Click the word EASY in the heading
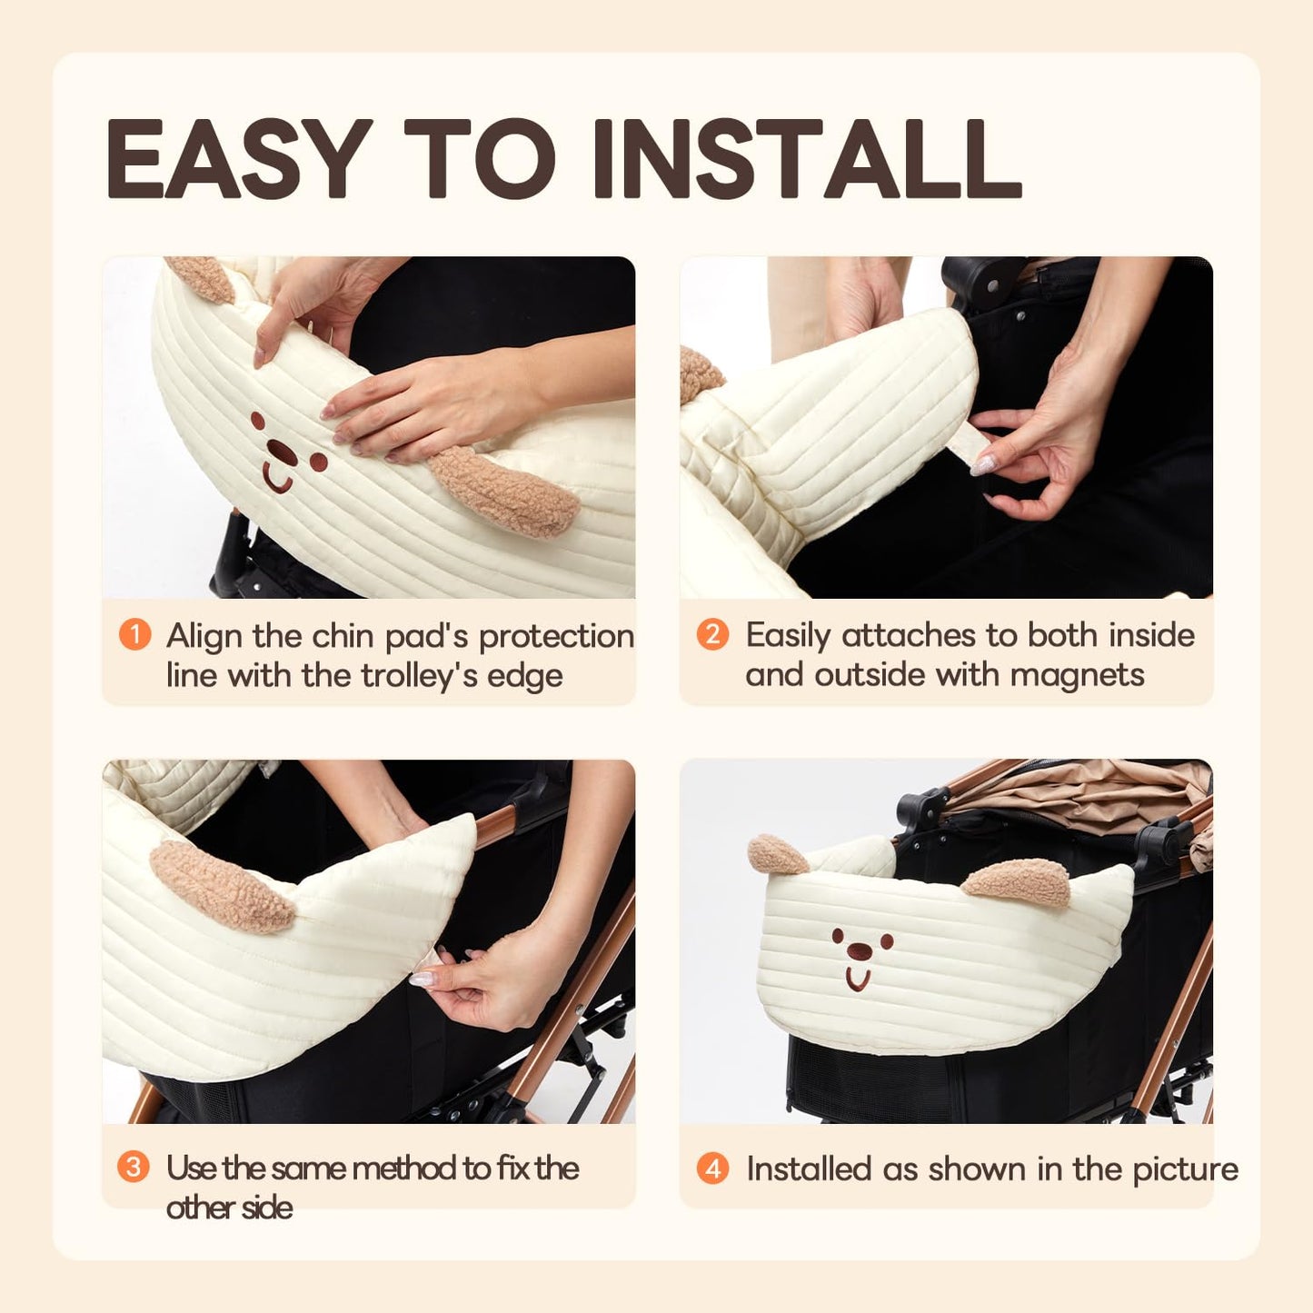pyautogui.click(x=239, y=158)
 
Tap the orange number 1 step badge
pyautogui.click(x=134, y=634)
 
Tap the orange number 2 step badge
pyautogui.click(x=712, y=634)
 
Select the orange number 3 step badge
pyautogui.click(x=134, y=1166)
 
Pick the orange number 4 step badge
pyautogui.click(x=712, y=1168)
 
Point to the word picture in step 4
pyautogui.click(x=1186, y=1169)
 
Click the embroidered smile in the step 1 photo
pyautogui.click(x=278, y=477)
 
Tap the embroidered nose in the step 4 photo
pyautogui.click(x=858, y=951)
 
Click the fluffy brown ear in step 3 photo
pyautogui.click(x=222, y=887)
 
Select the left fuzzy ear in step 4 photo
pyautogui.click(x=777, y=855)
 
